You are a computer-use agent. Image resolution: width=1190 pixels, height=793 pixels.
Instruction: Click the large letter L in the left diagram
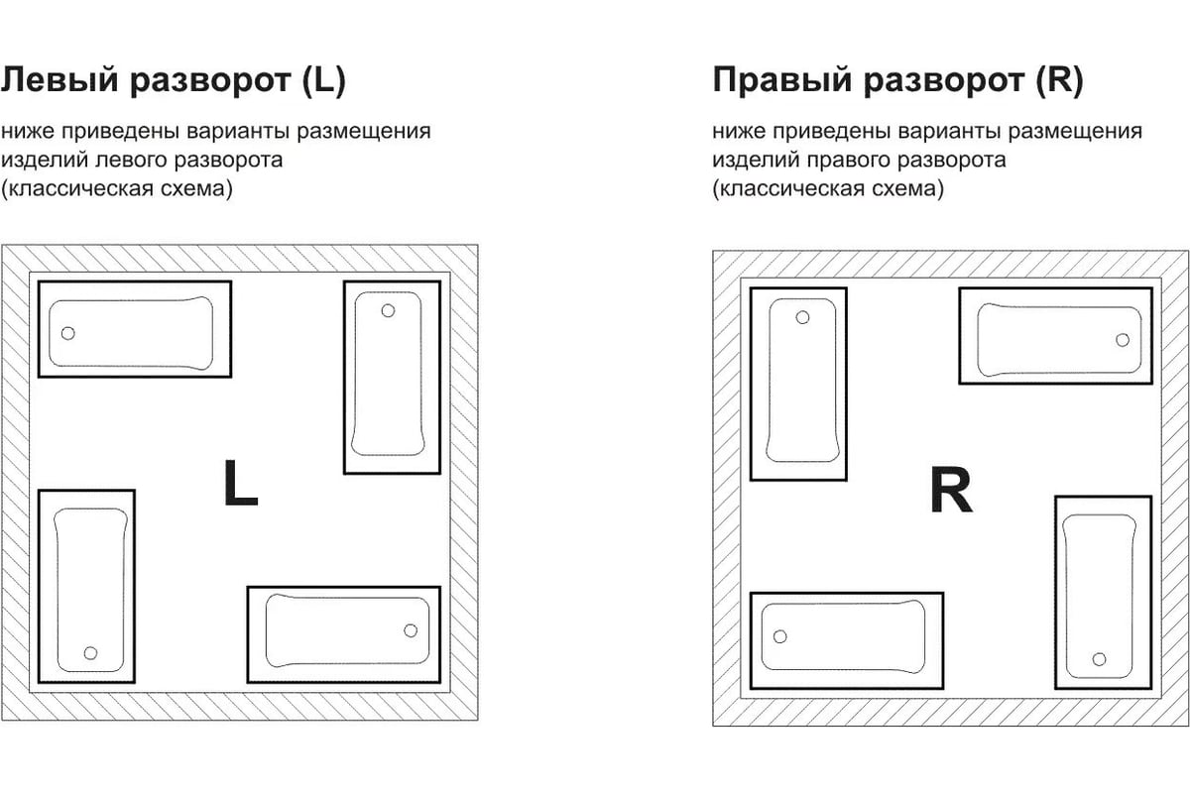pyautogui.click(x=241, y=483)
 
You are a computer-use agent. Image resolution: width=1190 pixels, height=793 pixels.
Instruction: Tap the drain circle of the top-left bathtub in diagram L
pyautogui.click(x=67, y=332)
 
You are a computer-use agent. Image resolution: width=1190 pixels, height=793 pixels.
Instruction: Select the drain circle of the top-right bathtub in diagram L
pyautogui.click(x=388, y=310)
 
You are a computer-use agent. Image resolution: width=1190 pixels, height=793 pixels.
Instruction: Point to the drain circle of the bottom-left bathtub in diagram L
pyautogui.click(x=90, y=652)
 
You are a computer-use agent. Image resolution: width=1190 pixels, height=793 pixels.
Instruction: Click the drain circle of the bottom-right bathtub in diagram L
pyautogui.click(x=411, y=629)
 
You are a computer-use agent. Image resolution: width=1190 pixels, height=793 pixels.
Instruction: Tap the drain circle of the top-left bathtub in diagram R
pyautogui.click(x=802, y=317)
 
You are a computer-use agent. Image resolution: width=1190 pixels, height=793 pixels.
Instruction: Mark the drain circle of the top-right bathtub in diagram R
pyautogui.click(x=1122, y=339)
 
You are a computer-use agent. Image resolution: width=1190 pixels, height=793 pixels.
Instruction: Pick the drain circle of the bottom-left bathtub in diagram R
pyautogui.click(x=779, y=635)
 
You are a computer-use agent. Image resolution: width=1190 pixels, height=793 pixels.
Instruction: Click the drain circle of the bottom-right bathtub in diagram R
pyautogui.click(x=1099, y=659)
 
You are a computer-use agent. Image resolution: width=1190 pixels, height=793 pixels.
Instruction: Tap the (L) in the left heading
pyautogui.click(x=323, y=81)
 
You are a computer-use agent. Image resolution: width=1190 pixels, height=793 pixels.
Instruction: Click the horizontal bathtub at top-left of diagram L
pyautogui.click(x=134, y=329)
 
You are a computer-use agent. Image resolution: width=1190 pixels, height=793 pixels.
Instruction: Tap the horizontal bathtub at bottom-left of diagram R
pyautogui.click(x=847, y=639)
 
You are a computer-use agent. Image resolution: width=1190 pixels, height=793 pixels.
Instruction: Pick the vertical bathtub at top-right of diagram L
pyautogui.click(x=393, y=377)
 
